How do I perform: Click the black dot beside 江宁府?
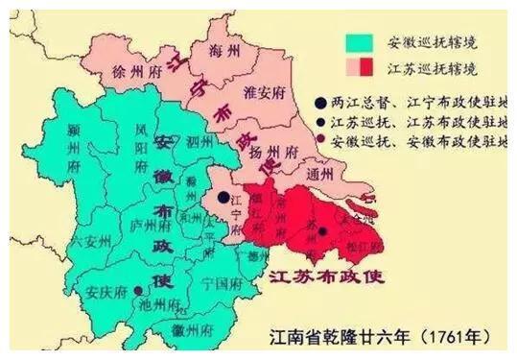point(223,198)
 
